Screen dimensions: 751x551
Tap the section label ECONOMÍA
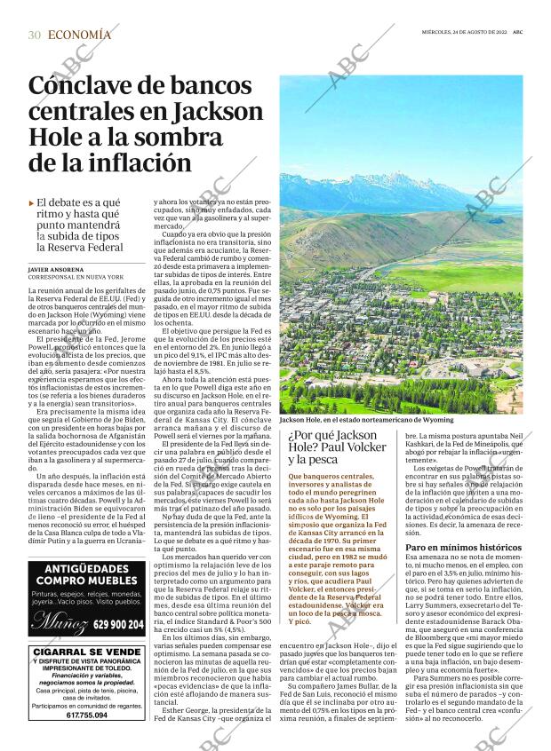(80, 35)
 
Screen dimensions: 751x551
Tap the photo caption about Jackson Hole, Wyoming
(366, 419)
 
